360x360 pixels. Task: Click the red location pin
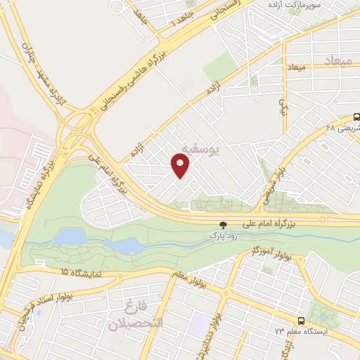click(x=181, y=165)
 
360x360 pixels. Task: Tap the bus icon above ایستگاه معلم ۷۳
click(x=301, y=319)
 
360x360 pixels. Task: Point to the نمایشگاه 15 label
click(x=63, y=271)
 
